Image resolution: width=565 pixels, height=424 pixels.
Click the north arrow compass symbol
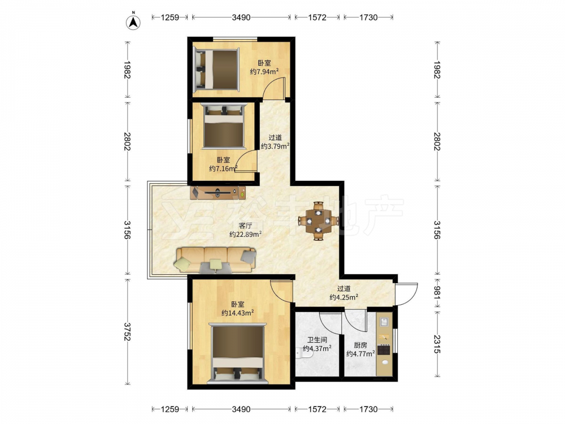click(x=133, y=21)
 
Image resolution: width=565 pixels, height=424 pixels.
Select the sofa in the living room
click(x=216, y=260)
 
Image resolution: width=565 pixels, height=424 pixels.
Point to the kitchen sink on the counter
click(x=384, y=321)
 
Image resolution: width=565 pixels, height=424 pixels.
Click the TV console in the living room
click(x=218, y=192)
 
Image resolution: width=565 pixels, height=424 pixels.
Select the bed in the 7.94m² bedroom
click(x=216, y=70)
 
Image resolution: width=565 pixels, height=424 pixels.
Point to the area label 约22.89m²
click(x=246, y=234)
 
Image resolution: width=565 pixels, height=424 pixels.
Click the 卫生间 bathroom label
click(x=317, y=340)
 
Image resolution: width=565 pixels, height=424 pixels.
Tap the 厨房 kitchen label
click(x=360, y=345)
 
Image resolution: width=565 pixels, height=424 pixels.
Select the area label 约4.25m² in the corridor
click(x=344, y=297)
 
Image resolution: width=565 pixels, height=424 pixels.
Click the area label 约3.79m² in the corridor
click(x=275, y=146)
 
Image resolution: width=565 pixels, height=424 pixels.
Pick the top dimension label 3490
click(x=241, y=17)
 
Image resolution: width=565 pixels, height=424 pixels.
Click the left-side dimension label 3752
click(x=127, y=331)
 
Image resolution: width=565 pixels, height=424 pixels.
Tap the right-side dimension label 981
click(x=437, y=293)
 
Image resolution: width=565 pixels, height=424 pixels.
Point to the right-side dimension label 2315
click(x=437, y=344)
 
